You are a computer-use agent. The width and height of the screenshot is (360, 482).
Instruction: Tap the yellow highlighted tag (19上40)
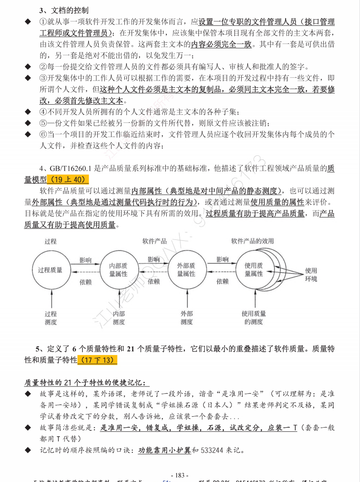(x=68, y=180)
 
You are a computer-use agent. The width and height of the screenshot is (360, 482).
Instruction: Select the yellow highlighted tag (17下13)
(x=97, y=360)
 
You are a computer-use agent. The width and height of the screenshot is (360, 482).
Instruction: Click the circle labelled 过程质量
(x=50, y=270)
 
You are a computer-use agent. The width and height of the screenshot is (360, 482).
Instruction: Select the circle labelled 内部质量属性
(x=118, y=270)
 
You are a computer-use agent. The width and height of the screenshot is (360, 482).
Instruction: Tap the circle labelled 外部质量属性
(x=186, y=270)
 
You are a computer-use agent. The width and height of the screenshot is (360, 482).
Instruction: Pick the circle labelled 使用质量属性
(x=254, y=270)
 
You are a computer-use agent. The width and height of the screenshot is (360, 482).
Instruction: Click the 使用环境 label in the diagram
(x=311, y=275)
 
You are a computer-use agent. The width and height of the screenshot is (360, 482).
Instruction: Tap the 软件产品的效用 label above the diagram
(x=252, y=241)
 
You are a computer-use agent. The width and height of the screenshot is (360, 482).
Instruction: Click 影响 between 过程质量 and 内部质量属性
(x=85, y=260)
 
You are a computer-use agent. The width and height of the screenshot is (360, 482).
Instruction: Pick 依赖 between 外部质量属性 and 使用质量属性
(x=222, y=281)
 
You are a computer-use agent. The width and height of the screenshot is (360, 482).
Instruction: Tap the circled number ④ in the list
(x=43, y=112)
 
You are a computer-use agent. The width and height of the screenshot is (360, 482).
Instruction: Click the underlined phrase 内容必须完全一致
(x=221, y=45)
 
